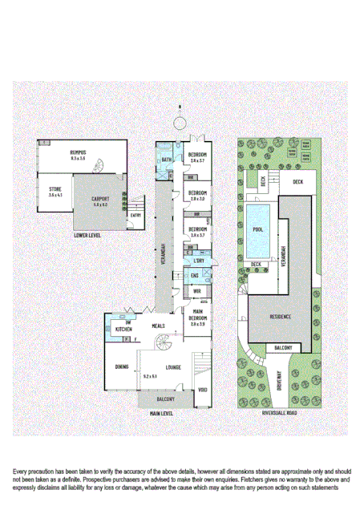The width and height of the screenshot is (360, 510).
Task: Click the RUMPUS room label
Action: click(78, 152)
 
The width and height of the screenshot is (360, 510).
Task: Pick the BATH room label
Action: click(167, 160)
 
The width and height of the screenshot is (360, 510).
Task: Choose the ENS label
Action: click(195, 277)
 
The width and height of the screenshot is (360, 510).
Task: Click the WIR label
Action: click(196, 292)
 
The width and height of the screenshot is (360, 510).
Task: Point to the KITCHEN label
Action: click(123, 329)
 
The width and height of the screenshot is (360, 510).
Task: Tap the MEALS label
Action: click(160, 326)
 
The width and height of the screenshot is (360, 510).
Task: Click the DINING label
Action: click(121, 367)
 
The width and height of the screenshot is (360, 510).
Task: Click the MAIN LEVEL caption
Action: click(161, 413)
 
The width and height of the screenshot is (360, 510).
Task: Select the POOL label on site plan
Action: click(257, 229)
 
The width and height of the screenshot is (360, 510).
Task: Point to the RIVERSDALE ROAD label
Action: click(280, 413)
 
